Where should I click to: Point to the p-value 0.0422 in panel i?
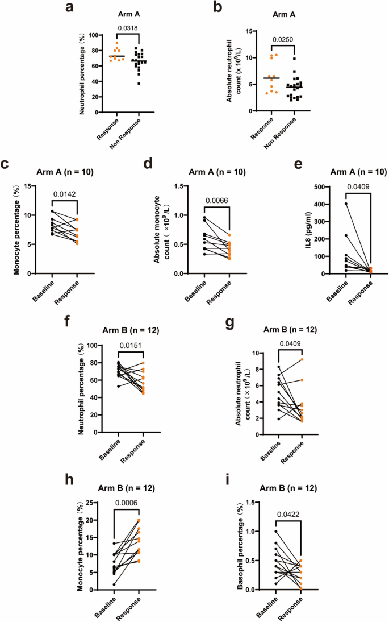point(289,516)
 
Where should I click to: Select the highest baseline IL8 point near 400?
point(346,204)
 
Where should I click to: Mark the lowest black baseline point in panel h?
point(114,584)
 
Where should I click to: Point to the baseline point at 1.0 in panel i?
point(277,532)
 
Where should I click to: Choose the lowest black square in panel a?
point(138,84)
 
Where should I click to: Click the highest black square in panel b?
point(294,59)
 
